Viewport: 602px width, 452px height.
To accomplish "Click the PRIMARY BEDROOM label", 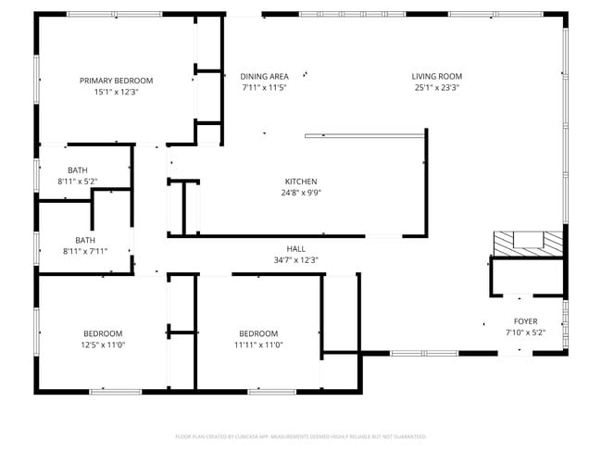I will [116, 81].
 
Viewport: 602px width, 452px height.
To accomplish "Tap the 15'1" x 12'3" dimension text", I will [116, 93].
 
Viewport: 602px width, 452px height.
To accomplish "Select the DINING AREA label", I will [265, 76].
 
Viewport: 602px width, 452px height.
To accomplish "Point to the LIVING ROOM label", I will [437, 76].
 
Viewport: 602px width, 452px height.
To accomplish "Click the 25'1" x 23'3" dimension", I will [437, 88].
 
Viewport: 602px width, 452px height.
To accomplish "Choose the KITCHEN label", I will [301, 182].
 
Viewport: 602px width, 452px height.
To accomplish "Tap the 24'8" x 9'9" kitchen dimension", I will [301, 194].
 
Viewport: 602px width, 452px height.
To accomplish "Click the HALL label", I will [295, 249].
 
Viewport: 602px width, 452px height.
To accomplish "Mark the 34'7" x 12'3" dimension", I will [295, 260].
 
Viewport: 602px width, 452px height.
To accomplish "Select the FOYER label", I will [525, 320].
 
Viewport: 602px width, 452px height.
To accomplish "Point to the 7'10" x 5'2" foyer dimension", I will [525, 333].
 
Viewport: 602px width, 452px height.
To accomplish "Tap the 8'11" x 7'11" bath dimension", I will [85, 251].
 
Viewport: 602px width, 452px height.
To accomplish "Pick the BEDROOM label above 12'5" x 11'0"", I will [103, 333].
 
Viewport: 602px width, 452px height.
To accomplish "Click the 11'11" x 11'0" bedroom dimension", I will [258, 345].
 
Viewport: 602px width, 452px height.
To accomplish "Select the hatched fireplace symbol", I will [528, 241].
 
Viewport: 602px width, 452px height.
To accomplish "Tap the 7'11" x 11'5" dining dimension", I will [265, 88].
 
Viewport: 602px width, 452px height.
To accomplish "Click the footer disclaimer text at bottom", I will [300, 435].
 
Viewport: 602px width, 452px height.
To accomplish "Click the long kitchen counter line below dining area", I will [365, 135].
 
